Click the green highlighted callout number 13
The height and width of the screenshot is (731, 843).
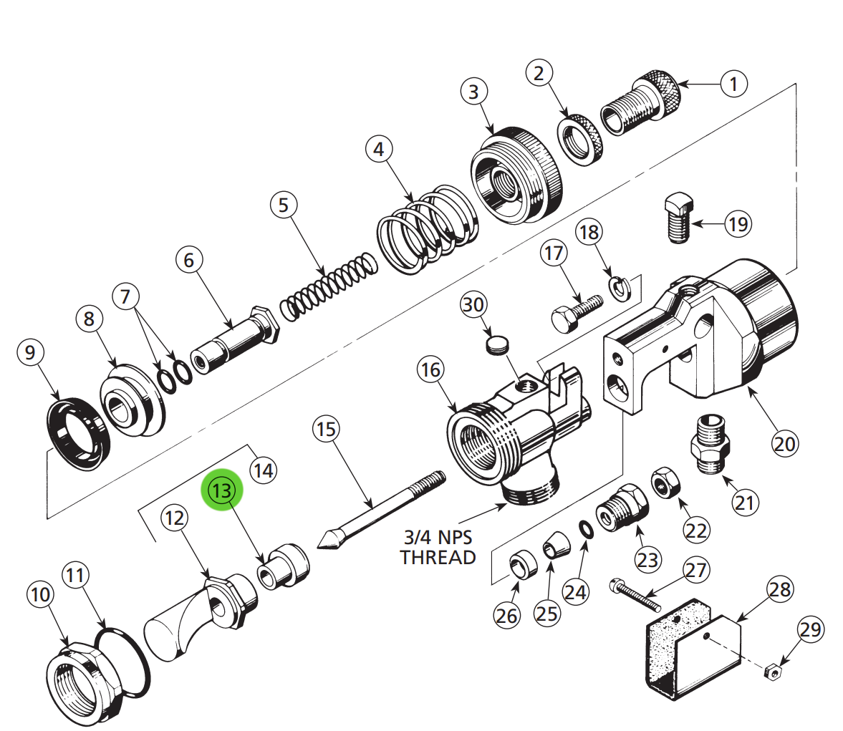coord(223,491)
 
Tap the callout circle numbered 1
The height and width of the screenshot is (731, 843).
coord(733,84)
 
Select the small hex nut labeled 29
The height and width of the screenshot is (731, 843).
coord(772,672)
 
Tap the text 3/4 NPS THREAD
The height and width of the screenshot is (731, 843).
coord(438,547)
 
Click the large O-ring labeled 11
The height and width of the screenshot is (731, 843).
coord(125,662)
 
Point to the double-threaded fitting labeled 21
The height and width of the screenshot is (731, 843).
coord(710,444)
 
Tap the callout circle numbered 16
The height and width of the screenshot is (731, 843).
coord(430,370)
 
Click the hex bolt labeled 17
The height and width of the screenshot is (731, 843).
coord(574,312)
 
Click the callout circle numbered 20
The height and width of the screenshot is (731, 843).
coord(784,444)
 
